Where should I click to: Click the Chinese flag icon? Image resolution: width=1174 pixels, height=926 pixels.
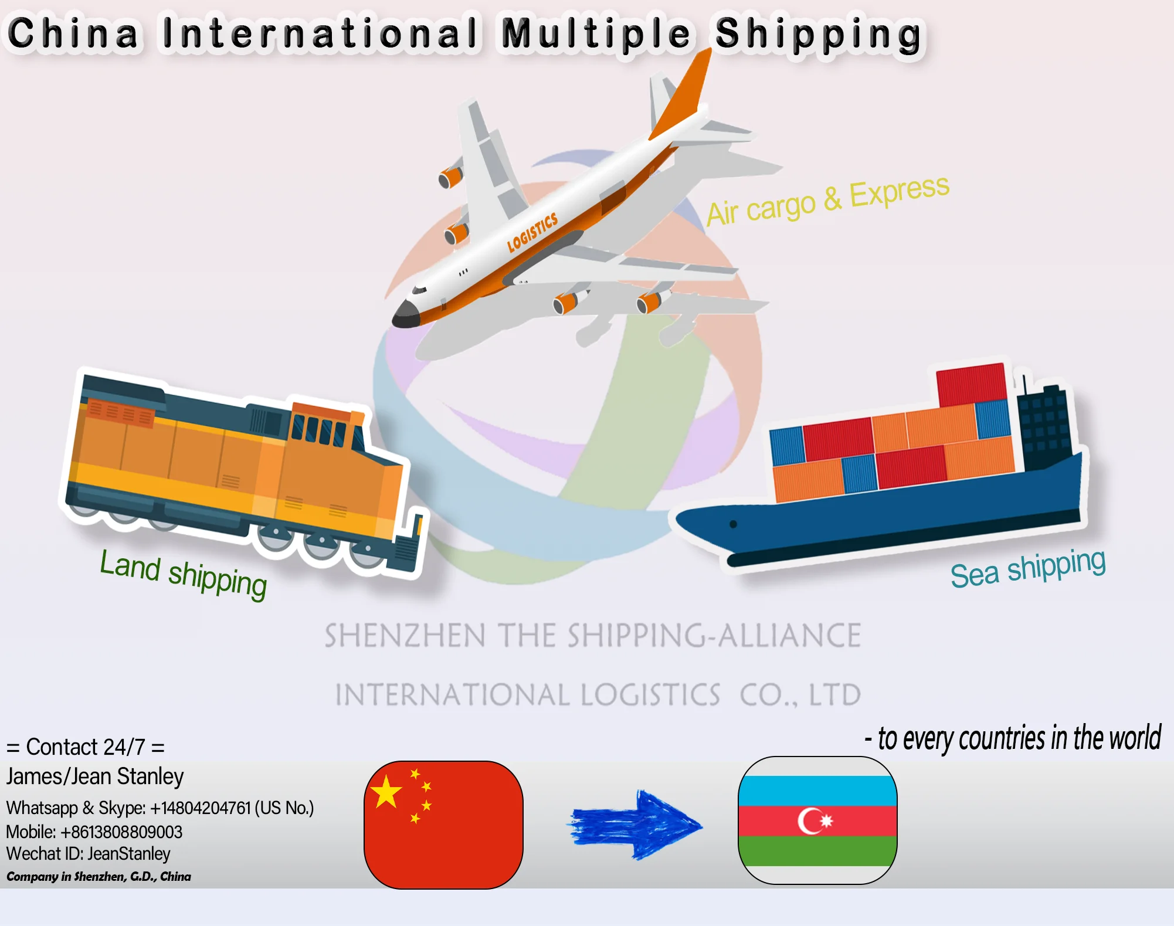(443, 825)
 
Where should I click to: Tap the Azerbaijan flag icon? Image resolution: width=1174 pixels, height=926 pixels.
(817, 820)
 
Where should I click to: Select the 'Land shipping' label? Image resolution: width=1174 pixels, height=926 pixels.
(183, 574)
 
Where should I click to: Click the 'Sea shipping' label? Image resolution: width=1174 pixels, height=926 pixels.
(1027, 568)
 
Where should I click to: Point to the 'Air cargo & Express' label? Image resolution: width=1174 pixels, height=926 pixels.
(827, 200)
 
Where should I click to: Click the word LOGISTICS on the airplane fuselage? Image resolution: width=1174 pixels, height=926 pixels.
(532, 232)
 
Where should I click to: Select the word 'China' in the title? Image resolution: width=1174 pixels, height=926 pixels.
(73, 33)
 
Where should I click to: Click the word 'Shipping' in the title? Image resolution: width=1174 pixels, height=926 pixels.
(818, 35)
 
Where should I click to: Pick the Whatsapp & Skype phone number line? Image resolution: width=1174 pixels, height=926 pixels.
(160, 808)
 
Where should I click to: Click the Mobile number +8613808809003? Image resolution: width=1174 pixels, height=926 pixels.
(94, 832)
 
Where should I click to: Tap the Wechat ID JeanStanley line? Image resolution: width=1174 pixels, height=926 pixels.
(88, 854)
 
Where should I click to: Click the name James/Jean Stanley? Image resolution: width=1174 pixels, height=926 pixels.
(95, 776)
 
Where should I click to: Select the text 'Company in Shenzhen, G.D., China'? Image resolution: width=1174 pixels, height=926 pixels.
(99, 877)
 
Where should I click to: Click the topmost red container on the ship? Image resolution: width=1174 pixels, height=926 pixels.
(971, 384)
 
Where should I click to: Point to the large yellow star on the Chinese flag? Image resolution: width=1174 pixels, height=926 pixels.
(386, 792)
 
